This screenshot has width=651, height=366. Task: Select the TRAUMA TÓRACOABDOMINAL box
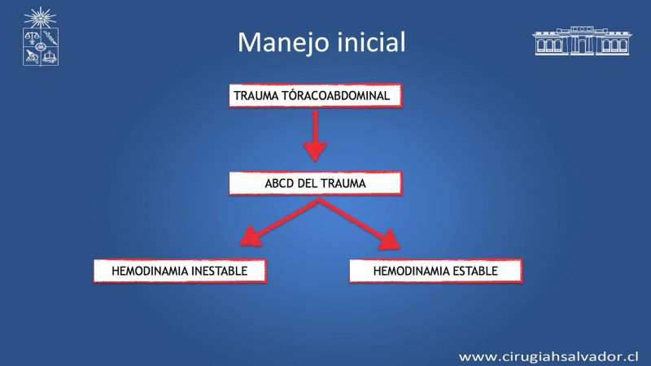315,95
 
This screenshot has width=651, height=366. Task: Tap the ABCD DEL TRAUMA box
315,183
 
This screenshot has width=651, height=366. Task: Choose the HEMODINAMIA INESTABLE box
180,271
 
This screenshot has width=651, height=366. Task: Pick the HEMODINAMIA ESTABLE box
435,271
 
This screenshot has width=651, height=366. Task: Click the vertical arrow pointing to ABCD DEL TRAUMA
315,136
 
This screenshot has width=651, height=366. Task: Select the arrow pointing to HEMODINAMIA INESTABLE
279,222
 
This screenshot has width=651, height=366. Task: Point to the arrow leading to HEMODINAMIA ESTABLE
360,224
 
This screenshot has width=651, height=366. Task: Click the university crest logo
40,37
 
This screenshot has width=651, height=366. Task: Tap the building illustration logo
582,41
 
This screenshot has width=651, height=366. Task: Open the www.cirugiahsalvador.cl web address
548,356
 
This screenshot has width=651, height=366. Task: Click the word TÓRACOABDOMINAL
336,95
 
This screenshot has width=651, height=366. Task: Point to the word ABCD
279,184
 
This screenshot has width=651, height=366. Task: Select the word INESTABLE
219,271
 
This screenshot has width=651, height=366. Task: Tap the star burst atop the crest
40,17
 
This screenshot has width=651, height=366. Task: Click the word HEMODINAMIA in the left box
150,271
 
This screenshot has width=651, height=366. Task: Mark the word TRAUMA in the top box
256,96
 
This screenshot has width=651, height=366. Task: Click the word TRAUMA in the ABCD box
343,184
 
